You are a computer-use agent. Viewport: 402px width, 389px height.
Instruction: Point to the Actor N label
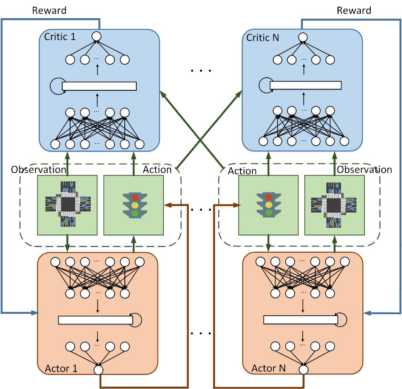point(269,368)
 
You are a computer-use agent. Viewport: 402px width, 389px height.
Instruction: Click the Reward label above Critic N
point(354,10)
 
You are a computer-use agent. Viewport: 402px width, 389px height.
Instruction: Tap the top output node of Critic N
point(303,37)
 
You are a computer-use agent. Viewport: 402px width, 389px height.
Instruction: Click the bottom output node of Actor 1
point(99,370)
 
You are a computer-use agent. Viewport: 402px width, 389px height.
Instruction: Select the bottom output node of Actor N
point(304,370)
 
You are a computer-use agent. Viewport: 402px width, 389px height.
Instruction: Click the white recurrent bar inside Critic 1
point(99,86)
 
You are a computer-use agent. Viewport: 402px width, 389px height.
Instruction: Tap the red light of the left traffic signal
point(135,197)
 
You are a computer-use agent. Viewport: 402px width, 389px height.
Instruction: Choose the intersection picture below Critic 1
point(67,204)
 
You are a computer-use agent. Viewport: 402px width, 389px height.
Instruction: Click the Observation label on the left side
point(38,170)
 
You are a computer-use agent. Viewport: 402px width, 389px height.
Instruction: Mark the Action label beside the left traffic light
point(157,170)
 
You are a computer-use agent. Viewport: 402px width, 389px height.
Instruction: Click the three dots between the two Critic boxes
point(201,71)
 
